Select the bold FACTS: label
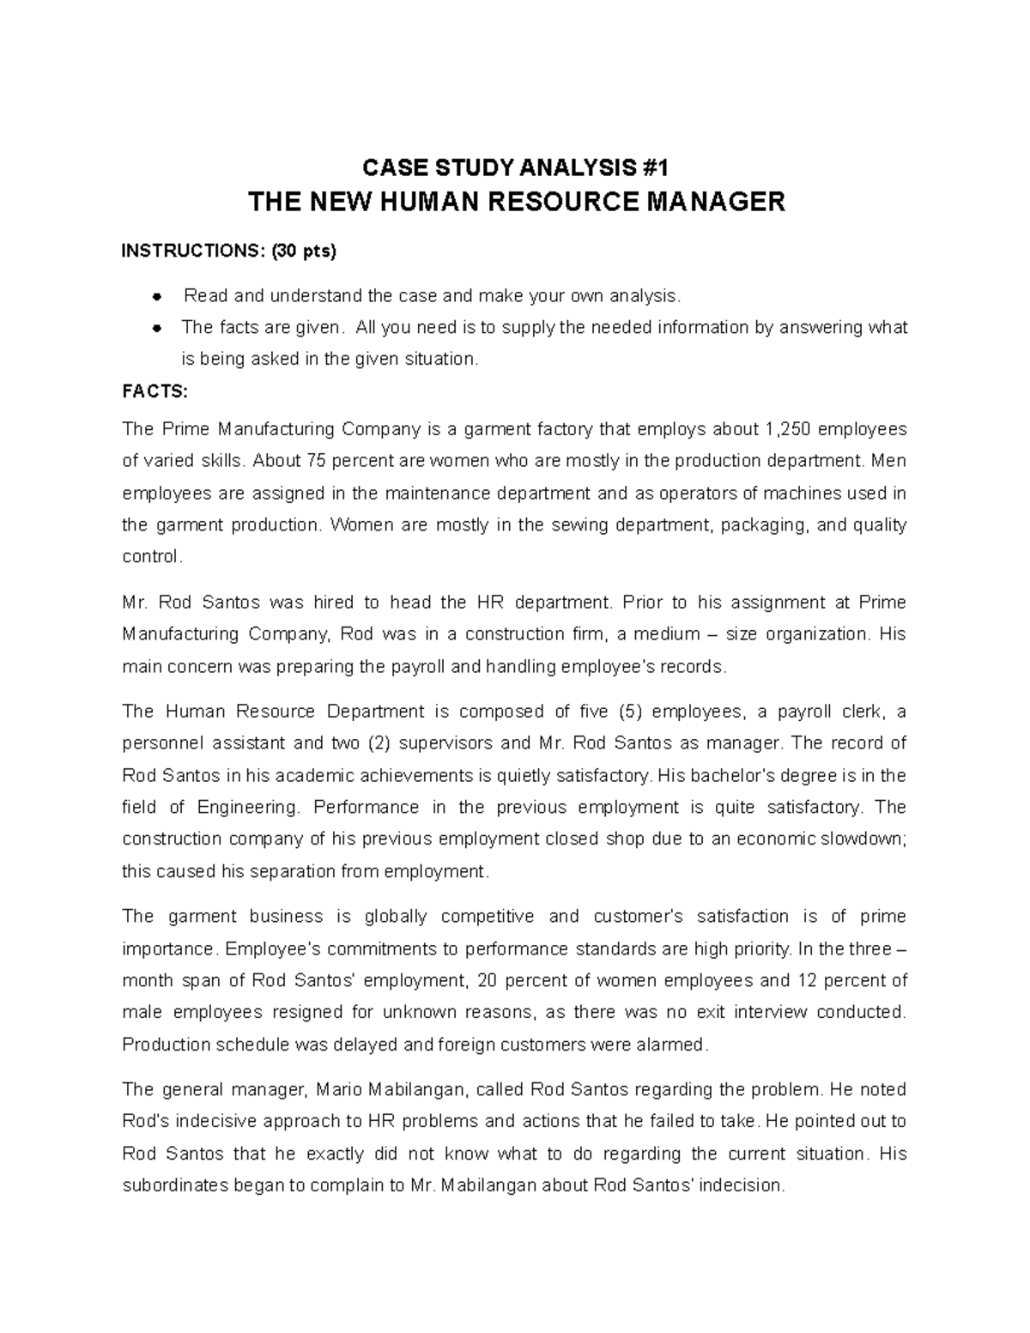pyautogui.click(x=154, y=391)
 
